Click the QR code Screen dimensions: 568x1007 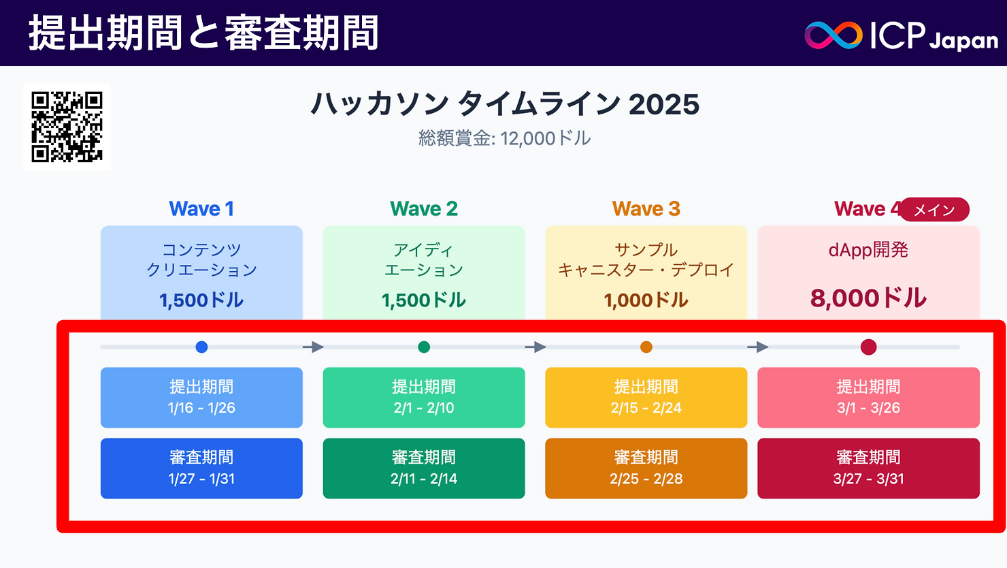67,127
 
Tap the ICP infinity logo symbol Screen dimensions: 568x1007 833,35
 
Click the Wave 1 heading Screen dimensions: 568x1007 201,208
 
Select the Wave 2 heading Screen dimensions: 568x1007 424,208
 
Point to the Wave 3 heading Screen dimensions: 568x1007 646,208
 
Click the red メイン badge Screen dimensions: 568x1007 934,210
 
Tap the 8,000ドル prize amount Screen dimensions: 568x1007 868,298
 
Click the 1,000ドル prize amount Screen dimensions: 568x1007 646,300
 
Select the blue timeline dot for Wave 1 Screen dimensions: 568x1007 201,347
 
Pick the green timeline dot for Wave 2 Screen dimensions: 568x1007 424,347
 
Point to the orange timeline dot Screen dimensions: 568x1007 646,347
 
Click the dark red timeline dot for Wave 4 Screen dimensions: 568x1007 868,347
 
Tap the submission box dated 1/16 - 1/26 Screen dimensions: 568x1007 201,398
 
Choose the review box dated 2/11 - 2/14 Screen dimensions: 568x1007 424,469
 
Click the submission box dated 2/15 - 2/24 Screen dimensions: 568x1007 646,398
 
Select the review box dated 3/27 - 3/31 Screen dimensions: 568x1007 868,469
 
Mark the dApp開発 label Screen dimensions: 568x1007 868,250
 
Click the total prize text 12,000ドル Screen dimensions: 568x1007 545,138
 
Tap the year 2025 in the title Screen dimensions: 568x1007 663,104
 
